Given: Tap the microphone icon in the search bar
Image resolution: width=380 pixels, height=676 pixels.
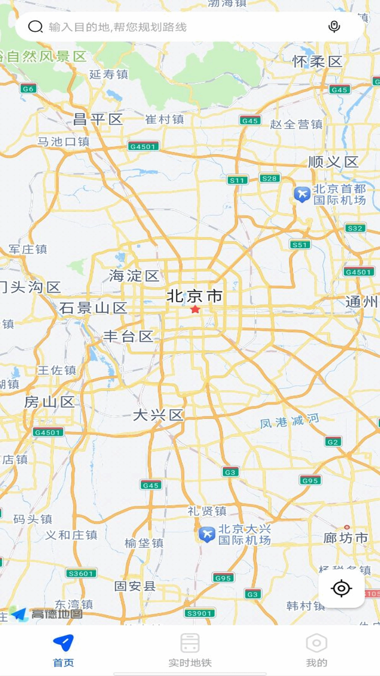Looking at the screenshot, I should pyautogui.click(x=334, y=26).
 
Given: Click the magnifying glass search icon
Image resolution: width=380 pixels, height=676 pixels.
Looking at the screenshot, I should pyautogui.click(x=35, y=26).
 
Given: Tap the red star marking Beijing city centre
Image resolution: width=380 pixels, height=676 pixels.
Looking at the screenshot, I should pyautogui.click(x=195, y=309).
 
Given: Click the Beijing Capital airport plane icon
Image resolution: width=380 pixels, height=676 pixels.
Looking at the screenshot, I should pyautogui.click(x=302, y=194).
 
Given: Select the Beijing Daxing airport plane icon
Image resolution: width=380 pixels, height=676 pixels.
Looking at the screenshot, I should pyautogui.click(x=207, y=534).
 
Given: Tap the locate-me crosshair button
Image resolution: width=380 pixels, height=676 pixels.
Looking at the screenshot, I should pyautogui.click(x=341, y=588).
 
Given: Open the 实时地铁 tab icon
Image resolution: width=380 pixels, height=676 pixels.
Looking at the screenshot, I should pyautogui.click(x=190, y=643).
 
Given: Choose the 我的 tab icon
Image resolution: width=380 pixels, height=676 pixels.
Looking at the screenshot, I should pyautogui.click(x=316, y=643).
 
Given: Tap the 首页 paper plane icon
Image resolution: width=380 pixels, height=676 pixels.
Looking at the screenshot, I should pyautogui.click(x=63, y=643).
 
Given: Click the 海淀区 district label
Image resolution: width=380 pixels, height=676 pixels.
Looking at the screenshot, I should pyautogui.click(x=134, y=276).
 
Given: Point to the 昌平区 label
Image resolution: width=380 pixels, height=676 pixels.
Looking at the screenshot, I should pyautogui.click(x=98, y=120).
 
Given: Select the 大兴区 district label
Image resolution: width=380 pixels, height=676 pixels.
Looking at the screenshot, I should pyautogui.click(x=158, y=415).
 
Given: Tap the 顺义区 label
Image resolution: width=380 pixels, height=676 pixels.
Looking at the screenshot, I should pyautogui.click(x=333, y=162).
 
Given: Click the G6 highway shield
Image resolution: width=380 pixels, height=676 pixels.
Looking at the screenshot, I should pyautogui.click(x=28, y=89).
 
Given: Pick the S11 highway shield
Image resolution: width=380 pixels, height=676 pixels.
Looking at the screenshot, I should pyautogui.click(x=237, y=180).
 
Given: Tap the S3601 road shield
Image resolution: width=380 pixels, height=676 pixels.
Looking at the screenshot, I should pyautogui.click(x=81, y=574).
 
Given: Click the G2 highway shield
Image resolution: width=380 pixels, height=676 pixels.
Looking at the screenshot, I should pyautogui.click(x=332, y=442).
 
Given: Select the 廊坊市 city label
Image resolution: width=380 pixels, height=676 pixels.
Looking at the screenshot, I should pyautogui.click(x=346, y=538).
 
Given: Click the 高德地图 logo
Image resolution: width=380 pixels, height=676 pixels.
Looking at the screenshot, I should pyautogui.click(x=47, y=614).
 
